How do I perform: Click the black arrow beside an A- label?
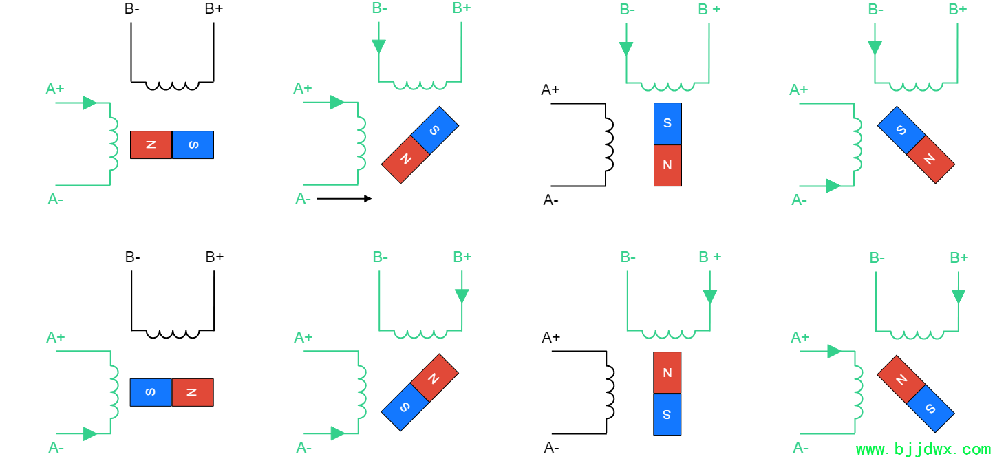(344, 199)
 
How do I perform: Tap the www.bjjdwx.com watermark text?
(923, 449)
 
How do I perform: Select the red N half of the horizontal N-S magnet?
(151, 144)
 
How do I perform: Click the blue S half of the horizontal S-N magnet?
(151, 392)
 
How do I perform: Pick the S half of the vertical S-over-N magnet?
(667, 123)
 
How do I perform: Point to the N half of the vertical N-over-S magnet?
(667, 373)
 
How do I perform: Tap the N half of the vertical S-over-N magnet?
(667, 165)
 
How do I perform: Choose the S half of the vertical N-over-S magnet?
(667, 414)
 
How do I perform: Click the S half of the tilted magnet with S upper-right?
(435, 130)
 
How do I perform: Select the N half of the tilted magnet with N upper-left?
(901, 379)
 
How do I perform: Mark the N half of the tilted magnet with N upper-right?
(434, 378)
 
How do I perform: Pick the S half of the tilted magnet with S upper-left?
(901, 130)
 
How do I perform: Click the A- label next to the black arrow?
(303, 199)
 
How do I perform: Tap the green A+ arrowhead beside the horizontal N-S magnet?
(89, 103)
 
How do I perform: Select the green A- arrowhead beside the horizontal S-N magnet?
(90, 433)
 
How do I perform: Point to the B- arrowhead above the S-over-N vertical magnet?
(626, 48)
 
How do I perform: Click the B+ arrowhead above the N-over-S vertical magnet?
(710, 297)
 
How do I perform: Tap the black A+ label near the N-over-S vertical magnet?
(550, 338)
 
